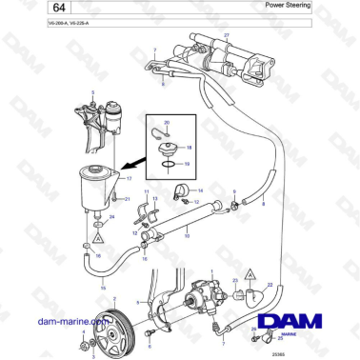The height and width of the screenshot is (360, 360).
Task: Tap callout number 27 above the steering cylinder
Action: tap(227, 34)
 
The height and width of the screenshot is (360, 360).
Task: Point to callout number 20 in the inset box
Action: tap(167, 125)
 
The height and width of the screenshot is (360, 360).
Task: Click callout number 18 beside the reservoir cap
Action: tap(189, 149)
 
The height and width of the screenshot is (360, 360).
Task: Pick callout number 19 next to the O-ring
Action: tap(187, 164)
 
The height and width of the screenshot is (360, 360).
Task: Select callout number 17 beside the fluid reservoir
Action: tap(129, 178)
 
